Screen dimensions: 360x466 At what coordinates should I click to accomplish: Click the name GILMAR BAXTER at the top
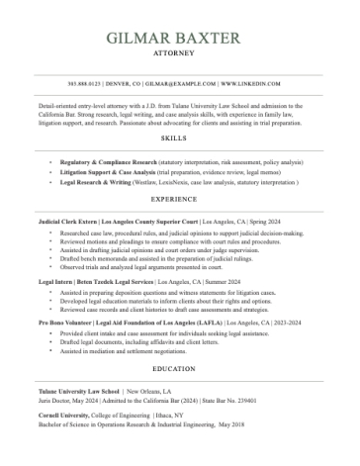pyautogui.click(x=180, y=39)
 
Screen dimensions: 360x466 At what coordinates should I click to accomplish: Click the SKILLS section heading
pyautogui.click(x=180, y=140)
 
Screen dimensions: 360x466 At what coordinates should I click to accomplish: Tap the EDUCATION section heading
pyautogui.click(x=180, y=368)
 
